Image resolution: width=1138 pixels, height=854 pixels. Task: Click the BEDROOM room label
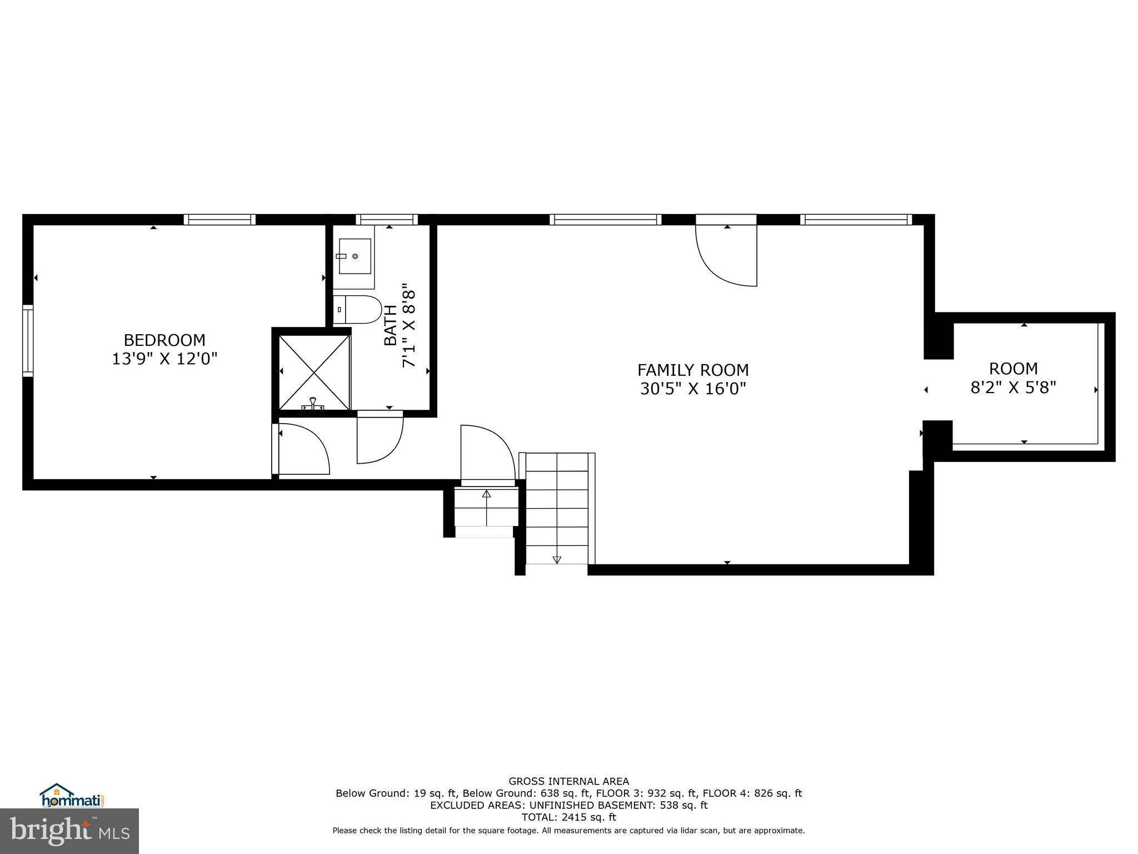point(164,340)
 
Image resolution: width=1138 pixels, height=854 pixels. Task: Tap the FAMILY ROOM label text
point(693,370)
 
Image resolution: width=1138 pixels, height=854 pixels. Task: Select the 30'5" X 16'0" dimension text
point(693,389)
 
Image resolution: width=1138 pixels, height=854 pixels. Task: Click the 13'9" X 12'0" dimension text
point(164,359)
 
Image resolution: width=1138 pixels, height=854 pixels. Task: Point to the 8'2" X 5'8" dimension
point(1013,387)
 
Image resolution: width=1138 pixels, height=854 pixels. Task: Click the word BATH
point(391,325)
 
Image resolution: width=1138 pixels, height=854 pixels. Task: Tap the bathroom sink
point(355,256)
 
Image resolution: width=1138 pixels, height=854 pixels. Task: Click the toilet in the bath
point(358,310)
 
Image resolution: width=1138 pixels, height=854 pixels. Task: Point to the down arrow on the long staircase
point(557,560)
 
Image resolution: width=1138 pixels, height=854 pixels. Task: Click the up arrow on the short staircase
point(487,493)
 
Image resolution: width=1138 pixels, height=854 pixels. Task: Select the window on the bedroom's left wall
point(28,340)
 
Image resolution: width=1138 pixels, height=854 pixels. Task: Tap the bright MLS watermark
point(69,831)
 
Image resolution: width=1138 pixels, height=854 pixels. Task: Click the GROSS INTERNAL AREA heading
point(569,781)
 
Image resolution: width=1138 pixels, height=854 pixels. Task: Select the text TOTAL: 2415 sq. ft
point(569,817)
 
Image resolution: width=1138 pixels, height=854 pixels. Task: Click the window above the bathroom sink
point(387,220)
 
